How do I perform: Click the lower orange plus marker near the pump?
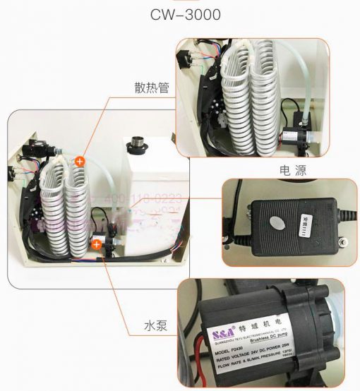pyautogui.click(x=97, y=245)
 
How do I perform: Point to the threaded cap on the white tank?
pyautogui.click(x=136, y=146)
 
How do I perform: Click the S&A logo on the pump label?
pyautogui.click(x=217, y=331)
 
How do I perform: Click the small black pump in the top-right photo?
pyautogui.click(x=294, y=131)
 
